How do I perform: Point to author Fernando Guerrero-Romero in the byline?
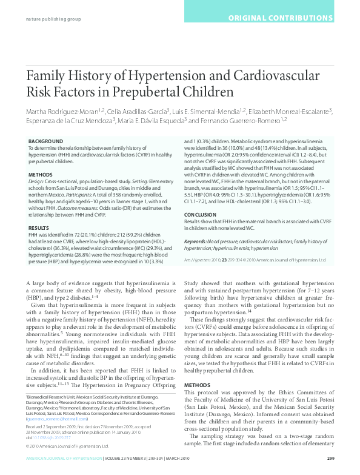(238, 120)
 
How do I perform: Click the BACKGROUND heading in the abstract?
(44, 141)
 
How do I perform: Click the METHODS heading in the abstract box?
(41, 174)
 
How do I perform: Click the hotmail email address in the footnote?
(51, 418)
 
